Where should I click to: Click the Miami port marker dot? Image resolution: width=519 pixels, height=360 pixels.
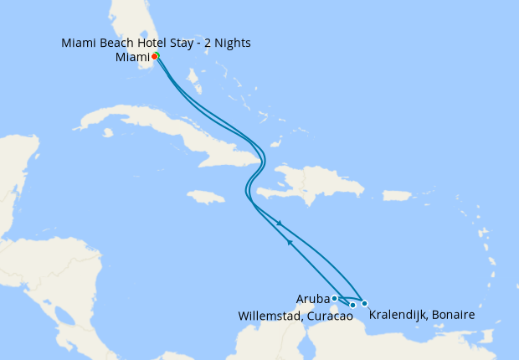pos(155,56)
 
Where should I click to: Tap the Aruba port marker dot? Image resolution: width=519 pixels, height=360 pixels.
pos(334,298)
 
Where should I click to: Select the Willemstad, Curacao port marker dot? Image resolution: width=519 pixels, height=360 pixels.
pos(353,305)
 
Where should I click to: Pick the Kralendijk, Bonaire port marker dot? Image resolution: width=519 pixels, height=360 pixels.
pos(364,303)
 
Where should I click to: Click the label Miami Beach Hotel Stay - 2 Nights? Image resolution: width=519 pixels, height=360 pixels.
pos(156,43)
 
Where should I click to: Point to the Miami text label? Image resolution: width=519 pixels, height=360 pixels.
pos(132,57)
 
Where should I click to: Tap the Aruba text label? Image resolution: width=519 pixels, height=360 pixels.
pos(312,298)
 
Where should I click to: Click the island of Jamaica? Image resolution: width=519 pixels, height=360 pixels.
pos(207,198)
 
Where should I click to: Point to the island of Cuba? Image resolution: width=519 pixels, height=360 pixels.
pos(159,134)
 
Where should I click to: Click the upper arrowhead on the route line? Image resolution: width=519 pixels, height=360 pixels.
pos(280,224)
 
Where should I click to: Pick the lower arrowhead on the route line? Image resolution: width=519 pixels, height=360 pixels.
pos(290,243)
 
